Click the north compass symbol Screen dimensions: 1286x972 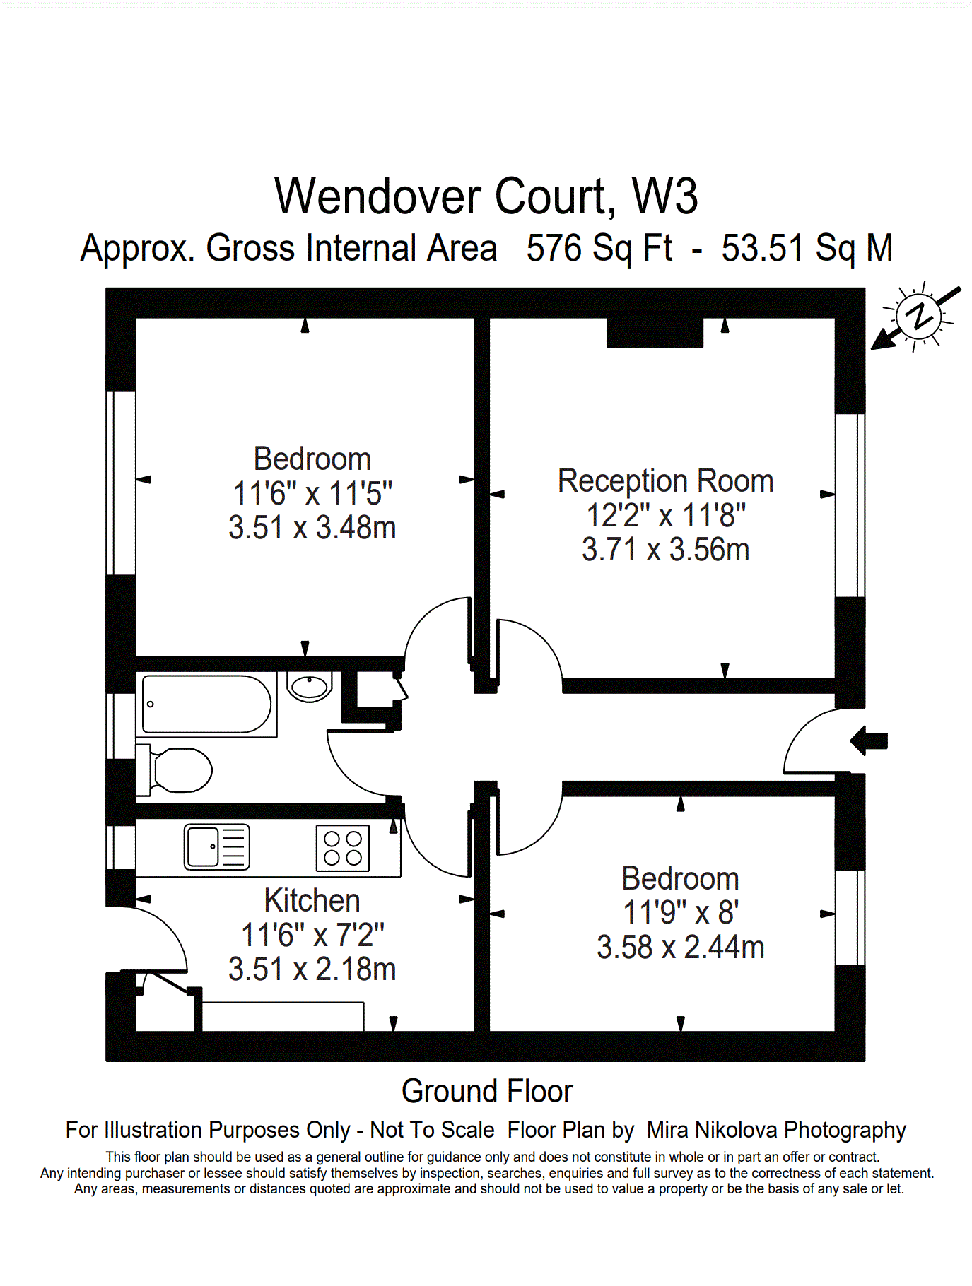(918, 317)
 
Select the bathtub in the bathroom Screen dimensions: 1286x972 (206, 704)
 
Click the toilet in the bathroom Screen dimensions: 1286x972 (180, 770)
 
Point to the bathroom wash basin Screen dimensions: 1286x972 (310, 686)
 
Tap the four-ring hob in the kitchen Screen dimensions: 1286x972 (343, 848)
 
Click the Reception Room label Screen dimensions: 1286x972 (665, 481)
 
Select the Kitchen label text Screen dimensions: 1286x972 (312, 901)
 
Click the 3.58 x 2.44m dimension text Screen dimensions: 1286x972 (680, 948)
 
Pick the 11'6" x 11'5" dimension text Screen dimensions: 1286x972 (312, 494)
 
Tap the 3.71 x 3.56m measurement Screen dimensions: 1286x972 (665, 550)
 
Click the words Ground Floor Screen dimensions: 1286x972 (486, 1092)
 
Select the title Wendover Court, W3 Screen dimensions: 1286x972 (486, 196)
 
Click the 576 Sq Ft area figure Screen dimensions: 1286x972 (599, 249)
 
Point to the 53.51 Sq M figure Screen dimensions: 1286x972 (807, 249)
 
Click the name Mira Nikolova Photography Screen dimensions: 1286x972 (775, 1130)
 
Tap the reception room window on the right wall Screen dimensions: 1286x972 (850, 505)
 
